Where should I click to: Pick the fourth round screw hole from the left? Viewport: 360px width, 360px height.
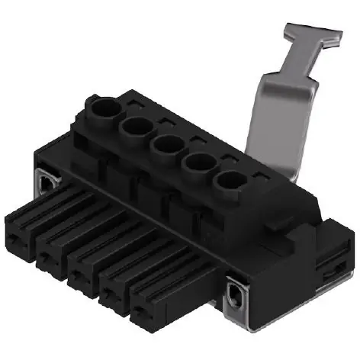[198, 161]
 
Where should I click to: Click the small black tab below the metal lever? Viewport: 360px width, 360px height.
[278, 222]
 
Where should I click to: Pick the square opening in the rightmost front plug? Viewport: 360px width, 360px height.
[147, 321]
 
